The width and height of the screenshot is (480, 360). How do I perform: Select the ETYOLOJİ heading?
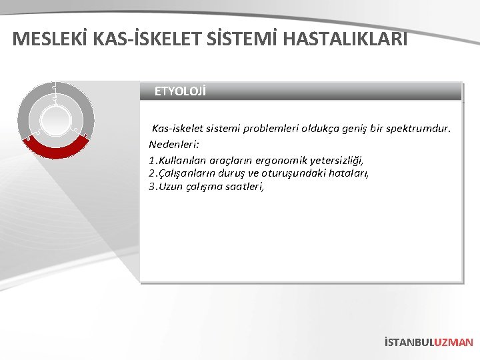click(x=180, y=91)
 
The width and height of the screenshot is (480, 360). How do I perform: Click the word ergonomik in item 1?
click(x=264, y=161)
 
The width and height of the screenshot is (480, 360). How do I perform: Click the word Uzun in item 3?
click(x=172, y=187)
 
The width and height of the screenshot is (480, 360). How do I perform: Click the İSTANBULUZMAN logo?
click(x=429, y=342)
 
